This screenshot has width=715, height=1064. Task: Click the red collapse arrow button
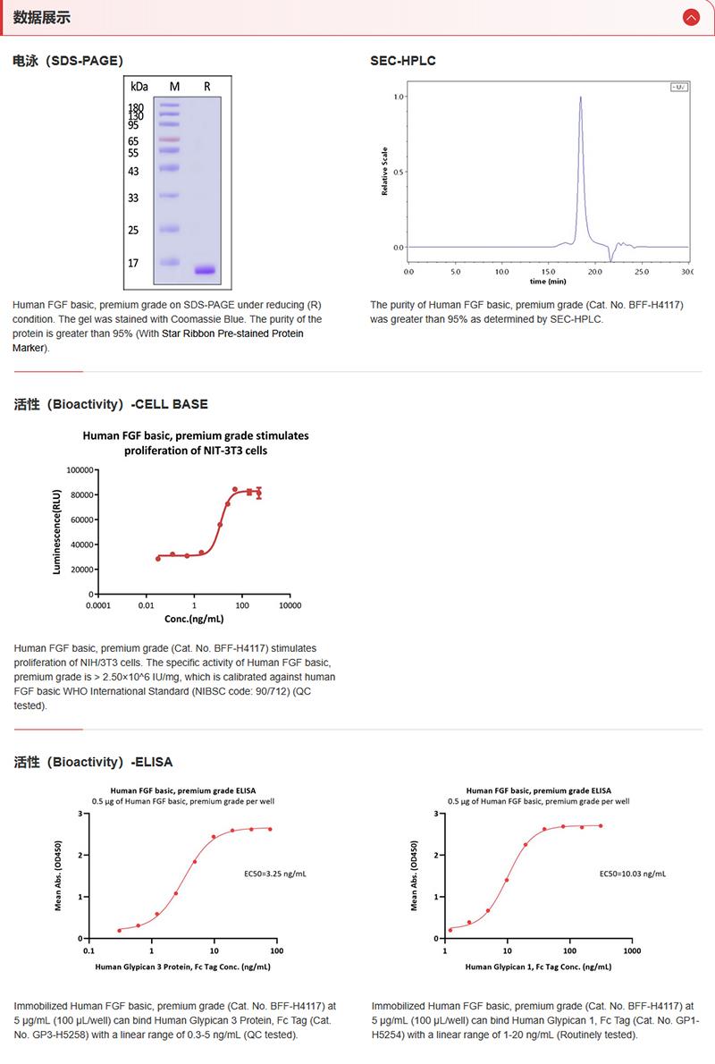(690, 17)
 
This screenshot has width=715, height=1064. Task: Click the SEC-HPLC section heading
(403, 61)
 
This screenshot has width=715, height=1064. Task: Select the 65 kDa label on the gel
(133, 141)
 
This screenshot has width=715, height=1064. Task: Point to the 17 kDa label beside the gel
(133, 263)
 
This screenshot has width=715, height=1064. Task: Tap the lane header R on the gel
(207, 87)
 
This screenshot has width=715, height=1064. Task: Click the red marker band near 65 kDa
(170, 139)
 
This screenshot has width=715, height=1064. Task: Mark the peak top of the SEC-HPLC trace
(581, 97)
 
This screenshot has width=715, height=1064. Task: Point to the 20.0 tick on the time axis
(595, 270)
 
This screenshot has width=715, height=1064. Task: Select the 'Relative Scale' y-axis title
(384, 171)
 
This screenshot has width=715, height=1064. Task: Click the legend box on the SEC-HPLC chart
(678, 87)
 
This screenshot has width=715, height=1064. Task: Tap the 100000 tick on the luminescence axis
(79, 469)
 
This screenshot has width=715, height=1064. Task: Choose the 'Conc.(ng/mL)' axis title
(194, 619)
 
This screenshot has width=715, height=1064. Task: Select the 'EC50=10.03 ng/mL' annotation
(632, 873)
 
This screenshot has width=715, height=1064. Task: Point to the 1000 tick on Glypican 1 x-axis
(631, 951)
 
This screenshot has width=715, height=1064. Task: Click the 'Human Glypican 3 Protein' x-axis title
(182, 967)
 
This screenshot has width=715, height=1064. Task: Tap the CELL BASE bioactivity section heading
(111, 404)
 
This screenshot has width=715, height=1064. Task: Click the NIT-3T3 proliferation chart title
(195, 443)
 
